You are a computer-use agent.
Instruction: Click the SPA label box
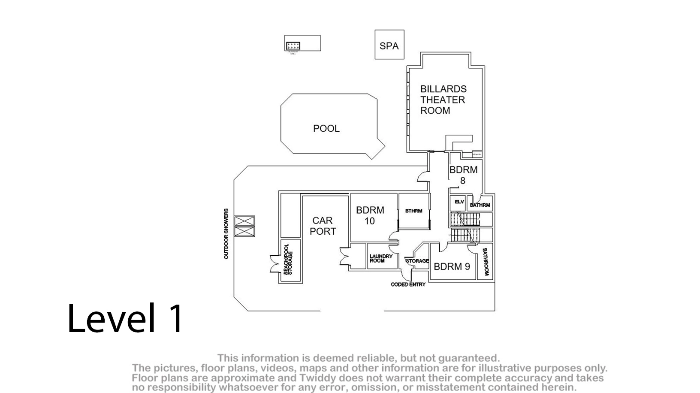tap(389, 45)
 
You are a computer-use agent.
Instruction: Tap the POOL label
tap(326, 128)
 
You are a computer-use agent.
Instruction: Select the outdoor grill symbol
tap(293, 45)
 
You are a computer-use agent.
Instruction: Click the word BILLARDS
tap(443, 89)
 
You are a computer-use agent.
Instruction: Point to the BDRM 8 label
tap(463, 175)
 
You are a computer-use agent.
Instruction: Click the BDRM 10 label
tap(370, 215)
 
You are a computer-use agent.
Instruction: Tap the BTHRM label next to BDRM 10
tap(413, 211)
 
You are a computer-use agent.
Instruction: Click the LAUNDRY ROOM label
tap(380, 258)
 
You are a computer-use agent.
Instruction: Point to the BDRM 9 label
tap(452, 266)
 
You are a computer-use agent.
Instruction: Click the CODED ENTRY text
tap(408, 284)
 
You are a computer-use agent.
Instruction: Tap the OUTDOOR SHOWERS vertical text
tap(226, 234)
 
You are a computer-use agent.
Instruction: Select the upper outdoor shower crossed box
tap(244, 221)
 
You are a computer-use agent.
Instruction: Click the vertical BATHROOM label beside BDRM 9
tap(486, 262)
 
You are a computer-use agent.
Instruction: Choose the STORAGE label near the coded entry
tap(417, 261)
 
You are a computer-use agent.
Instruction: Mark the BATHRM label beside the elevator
tap(480, 205)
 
